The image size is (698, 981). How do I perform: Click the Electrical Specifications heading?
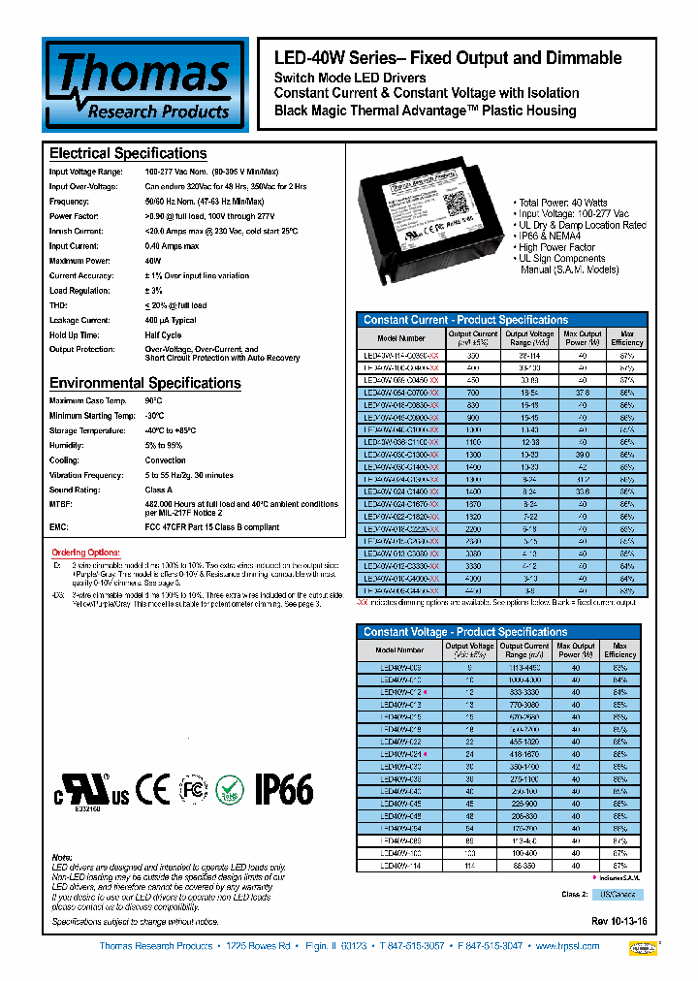(128, 153)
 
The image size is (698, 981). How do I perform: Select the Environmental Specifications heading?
(144, 383)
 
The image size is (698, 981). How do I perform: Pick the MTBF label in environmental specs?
(61, 504)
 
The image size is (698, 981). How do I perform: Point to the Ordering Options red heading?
(84, 553)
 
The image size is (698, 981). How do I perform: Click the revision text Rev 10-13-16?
(618, 921)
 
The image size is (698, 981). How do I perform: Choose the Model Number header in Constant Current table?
(400, 338)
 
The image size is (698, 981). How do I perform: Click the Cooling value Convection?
(165, 460)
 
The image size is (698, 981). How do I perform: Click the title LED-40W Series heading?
(448, 58)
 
